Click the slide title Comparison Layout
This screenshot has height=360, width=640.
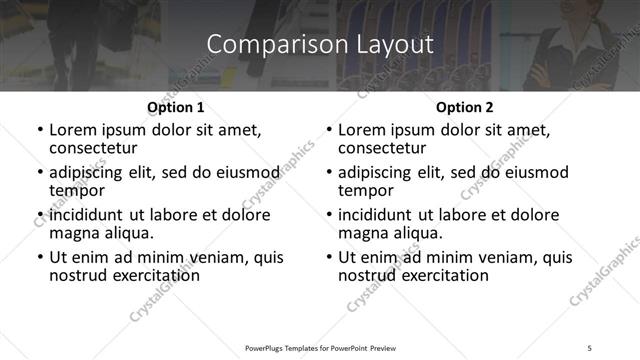(320, 45)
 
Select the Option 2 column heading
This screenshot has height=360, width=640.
(465, 106)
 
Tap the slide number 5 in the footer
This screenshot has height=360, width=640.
(590, 347)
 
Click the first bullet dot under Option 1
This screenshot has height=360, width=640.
(39, 130)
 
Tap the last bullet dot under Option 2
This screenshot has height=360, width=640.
(329, 257)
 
